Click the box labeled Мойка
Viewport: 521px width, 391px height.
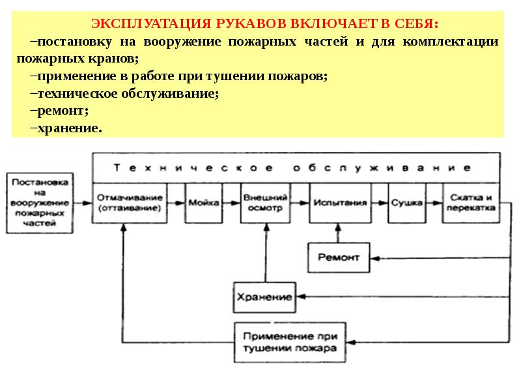204,203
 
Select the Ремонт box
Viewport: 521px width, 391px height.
339,257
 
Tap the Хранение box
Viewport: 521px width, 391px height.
264,297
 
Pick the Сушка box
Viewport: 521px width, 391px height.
407,203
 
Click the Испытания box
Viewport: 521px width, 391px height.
340,203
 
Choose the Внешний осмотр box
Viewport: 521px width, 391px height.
265,203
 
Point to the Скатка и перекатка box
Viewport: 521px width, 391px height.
471,203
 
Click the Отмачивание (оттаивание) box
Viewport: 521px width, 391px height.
130,203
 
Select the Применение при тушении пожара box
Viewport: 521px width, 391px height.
290,342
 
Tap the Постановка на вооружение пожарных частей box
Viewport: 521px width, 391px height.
40,203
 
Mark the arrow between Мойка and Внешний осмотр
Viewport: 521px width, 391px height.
232,203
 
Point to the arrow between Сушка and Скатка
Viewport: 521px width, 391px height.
434,203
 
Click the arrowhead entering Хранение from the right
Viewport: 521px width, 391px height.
301,297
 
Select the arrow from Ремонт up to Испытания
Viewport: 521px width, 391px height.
338,233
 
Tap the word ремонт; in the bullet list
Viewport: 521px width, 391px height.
63,111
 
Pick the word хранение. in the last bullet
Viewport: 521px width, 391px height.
70,128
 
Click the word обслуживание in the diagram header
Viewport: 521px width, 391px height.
382,168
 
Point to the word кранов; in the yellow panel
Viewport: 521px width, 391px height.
113,59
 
